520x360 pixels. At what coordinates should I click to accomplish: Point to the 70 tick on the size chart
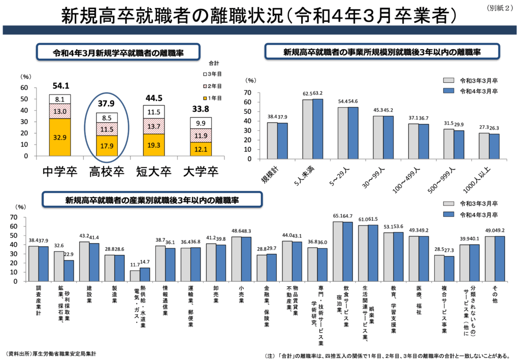point(248,93)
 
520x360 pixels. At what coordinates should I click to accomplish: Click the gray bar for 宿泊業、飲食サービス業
point(338,251)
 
